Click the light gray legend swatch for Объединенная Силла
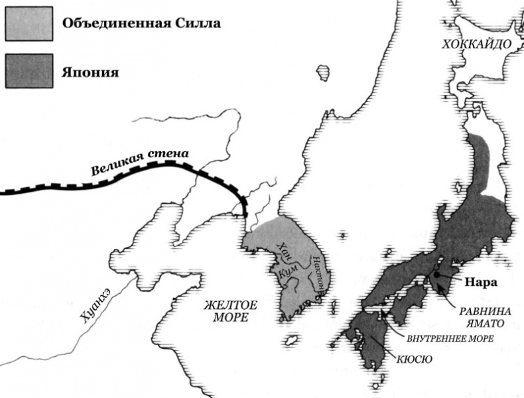pyautogui.click(x=28, y=24)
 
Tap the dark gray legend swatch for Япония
pyautogui.click(x=28, y=71)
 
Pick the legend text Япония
pyautogui.click(x=90, y=72)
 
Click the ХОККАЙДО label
pyautogui.click(x=477, y=44)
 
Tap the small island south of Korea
pyautogui.click(x=290, y=342)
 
